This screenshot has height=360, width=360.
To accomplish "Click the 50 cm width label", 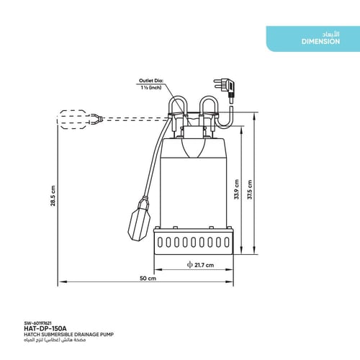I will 148,279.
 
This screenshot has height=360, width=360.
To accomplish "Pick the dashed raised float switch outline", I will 76,119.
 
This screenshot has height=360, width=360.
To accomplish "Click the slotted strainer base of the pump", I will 194,242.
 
